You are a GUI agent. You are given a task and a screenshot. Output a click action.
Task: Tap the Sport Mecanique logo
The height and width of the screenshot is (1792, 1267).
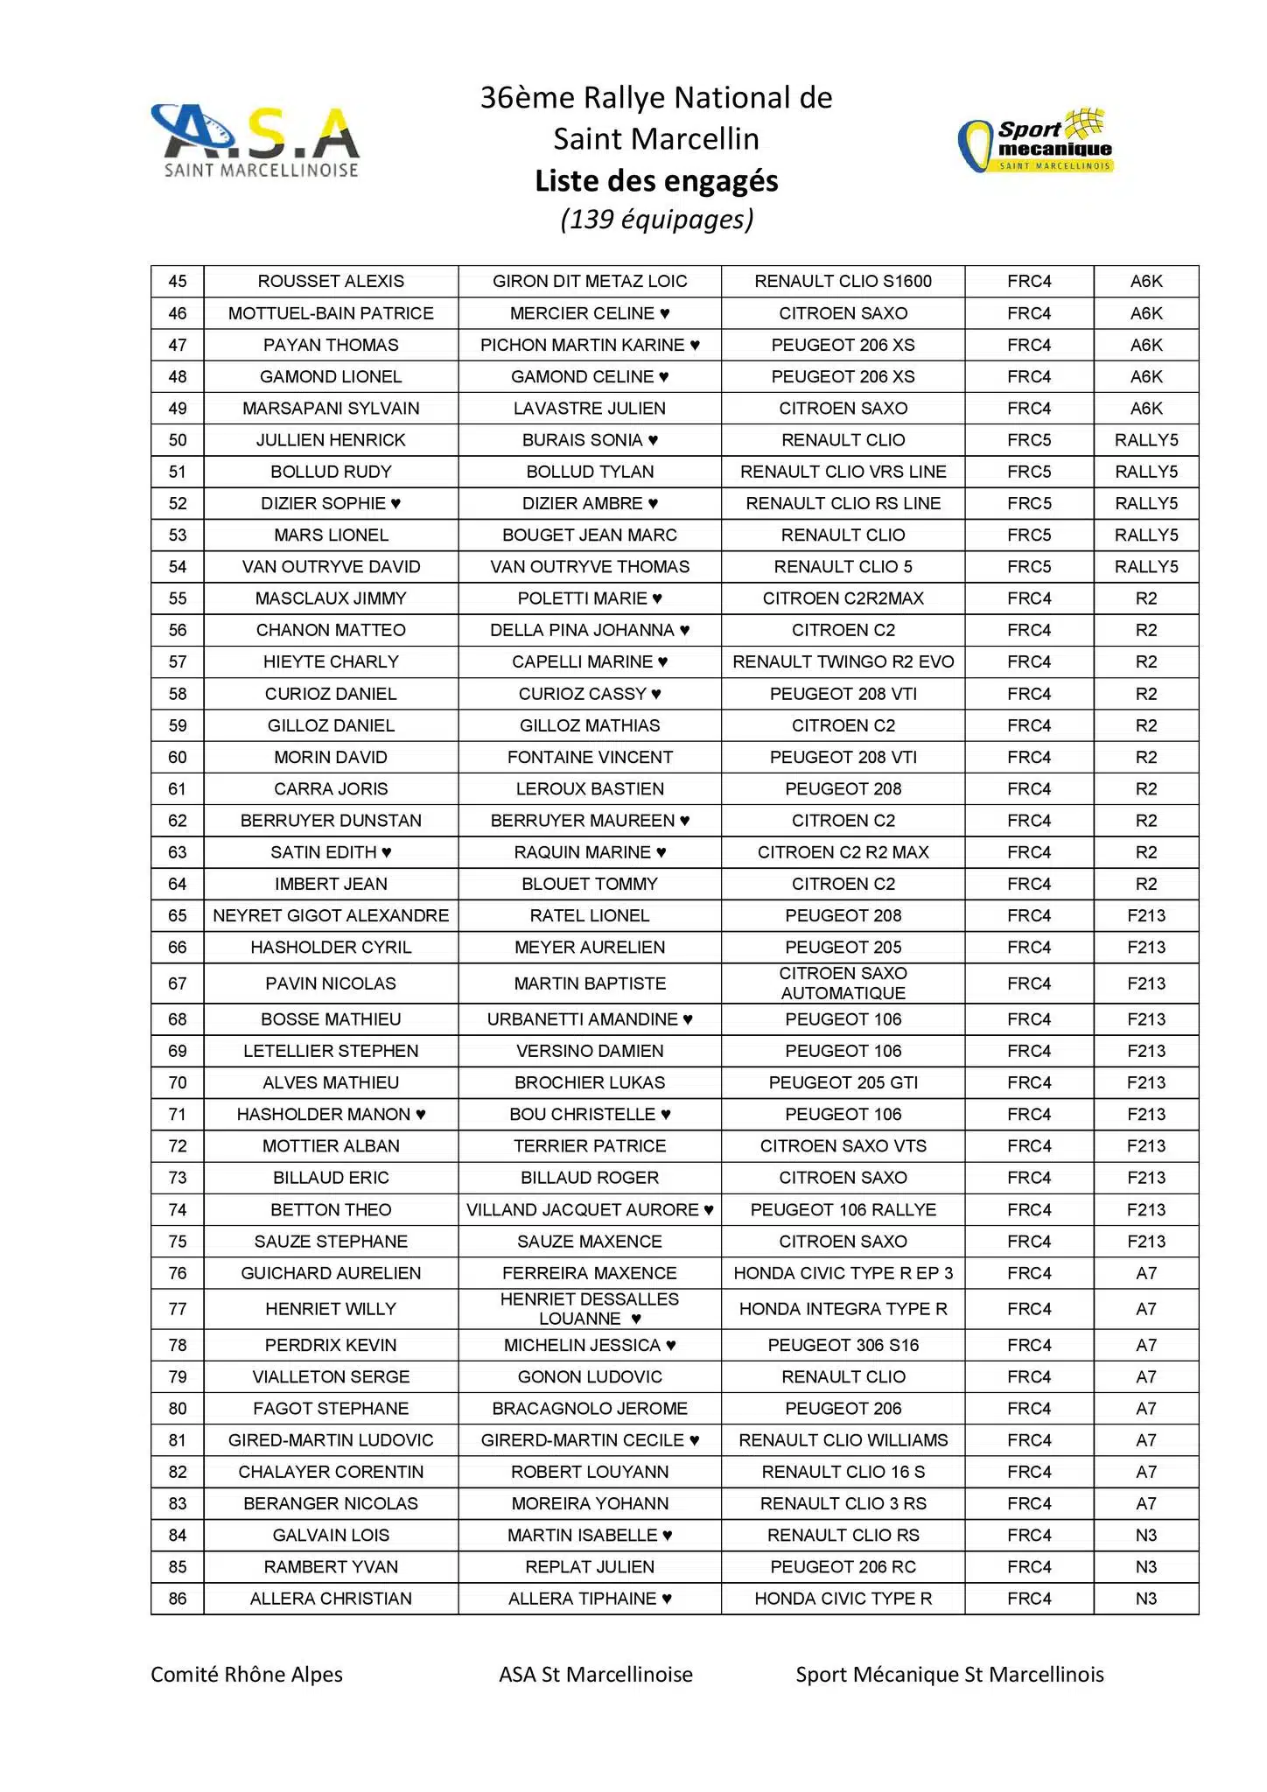click(x=1036, y=142)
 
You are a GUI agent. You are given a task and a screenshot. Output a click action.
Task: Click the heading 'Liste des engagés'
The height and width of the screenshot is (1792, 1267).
click(x=656, y=181)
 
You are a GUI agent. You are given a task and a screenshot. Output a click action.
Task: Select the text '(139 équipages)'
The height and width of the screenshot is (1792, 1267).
click(x=656, y=219)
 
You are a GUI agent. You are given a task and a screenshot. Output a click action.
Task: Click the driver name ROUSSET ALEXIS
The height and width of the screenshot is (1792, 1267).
click(x=331, y=282)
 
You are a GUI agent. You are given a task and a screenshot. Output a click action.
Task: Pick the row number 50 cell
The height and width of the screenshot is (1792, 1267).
click(x=178, y=440)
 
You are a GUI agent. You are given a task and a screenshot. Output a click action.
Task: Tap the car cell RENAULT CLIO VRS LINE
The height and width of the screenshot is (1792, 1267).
click(x=843, y=472)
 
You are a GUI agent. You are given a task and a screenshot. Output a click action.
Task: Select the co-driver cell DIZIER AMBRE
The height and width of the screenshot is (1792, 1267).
click(x=590, y=503)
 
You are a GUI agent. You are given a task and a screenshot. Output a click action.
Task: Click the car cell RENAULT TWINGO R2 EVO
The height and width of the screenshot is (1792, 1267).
click(x=843, y=662)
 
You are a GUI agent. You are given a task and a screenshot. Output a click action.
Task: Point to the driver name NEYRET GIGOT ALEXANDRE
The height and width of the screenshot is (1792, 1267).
click(x=331, y=916)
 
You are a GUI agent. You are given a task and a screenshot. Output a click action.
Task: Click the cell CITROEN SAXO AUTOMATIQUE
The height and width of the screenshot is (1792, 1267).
click(x=843, y=983)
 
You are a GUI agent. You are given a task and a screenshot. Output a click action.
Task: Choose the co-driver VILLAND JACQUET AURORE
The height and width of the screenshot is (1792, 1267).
click(x=590, y=1210)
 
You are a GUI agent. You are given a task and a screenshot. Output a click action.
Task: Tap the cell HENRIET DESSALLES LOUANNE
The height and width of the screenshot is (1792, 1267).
click(x=590, y=1309)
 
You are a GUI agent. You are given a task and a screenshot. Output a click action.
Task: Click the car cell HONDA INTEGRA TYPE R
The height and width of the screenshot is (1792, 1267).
click(x=843, y=1309)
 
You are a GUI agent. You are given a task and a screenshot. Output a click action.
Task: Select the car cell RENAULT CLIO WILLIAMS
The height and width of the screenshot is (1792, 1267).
click(x=843, y=1440)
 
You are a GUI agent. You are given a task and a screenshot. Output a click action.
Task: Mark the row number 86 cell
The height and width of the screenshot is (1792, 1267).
click(x=178, y=1599)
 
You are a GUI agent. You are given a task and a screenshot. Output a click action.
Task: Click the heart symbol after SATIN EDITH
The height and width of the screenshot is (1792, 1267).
click(x=387, y=852)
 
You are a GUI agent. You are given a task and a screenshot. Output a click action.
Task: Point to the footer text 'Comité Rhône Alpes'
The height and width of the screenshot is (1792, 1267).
click(x=247, y=1675)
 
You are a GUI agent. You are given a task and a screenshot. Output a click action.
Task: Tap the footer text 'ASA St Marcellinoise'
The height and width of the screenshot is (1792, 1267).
click(x=596, y=1675)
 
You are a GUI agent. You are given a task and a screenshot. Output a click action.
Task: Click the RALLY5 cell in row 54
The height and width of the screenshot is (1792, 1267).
click(x=1146, y=567)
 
